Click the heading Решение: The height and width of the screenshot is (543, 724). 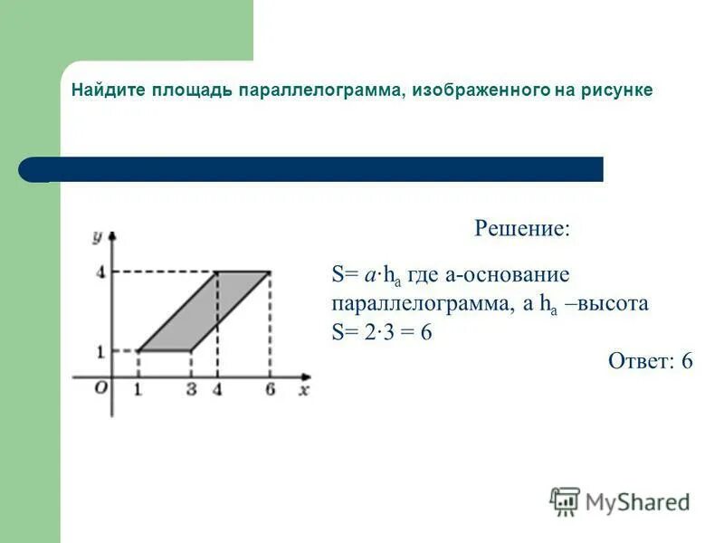tap(522, 227)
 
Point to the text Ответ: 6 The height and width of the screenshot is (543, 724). tap(650, 361)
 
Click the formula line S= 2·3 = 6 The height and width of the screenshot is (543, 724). tap(382, 332)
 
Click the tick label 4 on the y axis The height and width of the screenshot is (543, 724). tap(100, 271)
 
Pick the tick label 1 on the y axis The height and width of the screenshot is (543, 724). tap(100, 350)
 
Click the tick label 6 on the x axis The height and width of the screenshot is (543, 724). tap(270, 390)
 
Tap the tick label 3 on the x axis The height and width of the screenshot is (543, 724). tap(191, 390)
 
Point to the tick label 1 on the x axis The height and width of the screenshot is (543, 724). tap(138, 390)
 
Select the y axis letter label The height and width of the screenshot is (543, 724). tap(96, 237)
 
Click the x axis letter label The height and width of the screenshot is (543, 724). tap(304, 390)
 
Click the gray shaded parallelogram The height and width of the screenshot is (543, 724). tap(204, 310)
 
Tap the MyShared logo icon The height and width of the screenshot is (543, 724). tap(565, 500)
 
